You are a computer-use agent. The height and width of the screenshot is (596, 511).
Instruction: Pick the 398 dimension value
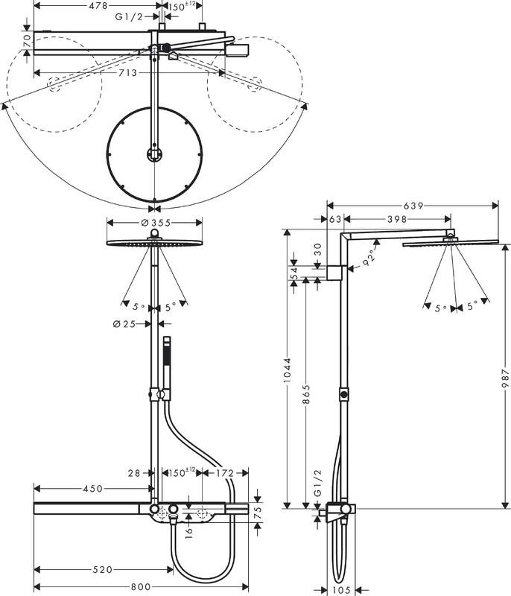[399, 219]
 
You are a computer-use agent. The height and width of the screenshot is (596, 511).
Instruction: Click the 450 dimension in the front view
[93, 489]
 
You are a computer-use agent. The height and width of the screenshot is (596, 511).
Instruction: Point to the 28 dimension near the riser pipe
[134, 473]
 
